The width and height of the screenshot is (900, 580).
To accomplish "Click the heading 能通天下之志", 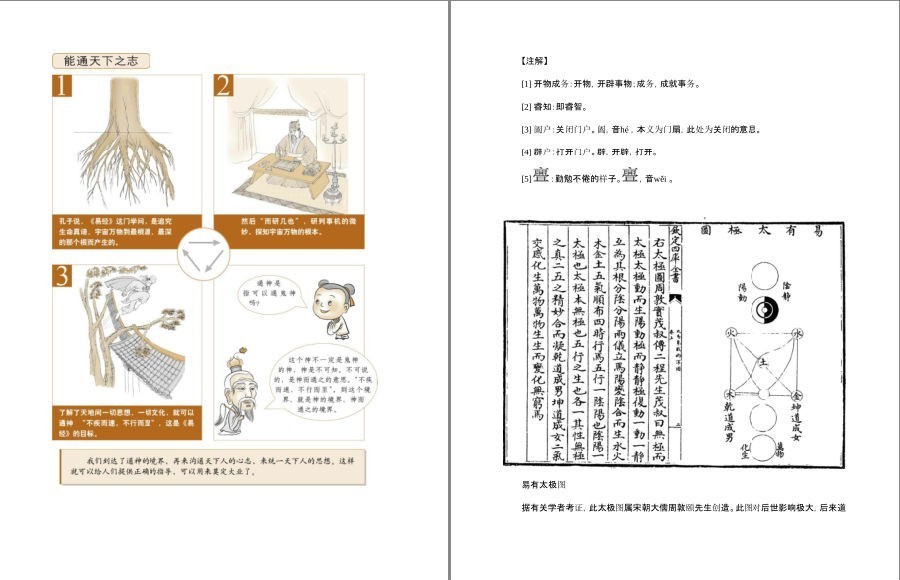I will [x=100, y=61].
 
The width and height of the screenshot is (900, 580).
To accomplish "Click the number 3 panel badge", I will [x=62, y=276].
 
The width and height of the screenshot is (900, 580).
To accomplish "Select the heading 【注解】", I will [x=535, y=61].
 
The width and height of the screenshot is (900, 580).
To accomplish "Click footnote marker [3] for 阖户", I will [x=526, y=129].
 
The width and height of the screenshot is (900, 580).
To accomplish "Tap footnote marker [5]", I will [x=526, y=179].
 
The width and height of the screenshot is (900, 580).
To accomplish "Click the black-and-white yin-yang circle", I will [x=764, y=310].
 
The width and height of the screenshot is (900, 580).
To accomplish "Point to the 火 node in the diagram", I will [x=731, y=334].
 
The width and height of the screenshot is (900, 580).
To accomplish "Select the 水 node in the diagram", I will [x=797, y=334].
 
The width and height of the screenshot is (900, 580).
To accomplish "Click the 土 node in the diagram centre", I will [x=764, y=363].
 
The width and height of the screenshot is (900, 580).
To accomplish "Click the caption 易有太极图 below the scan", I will [x=544, y=486].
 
